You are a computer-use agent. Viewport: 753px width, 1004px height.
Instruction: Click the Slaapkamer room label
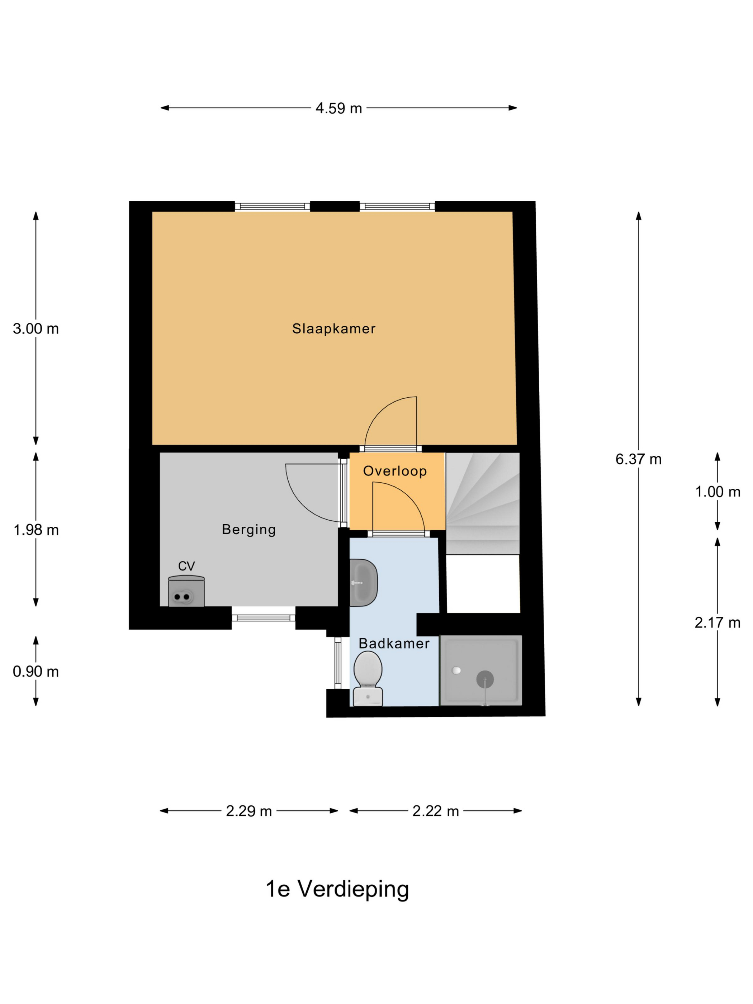(x=333, y=328)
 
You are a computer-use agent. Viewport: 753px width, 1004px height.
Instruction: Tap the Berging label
(x=249, y=530)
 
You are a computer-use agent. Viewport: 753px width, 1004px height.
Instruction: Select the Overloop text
(x=395, y=471)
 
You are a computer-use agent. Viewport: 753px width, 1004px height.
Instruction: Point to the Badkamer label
(x=394, y=644)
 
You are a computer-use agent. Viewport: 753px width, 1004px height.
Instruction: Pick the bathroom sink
(x=364, y=583)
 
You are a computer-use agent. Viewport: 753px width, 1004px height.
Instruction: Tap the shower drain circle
(x=485, y=679)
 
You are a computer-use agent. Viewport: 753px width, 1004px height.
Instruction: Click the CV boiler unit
(x=186, y=591)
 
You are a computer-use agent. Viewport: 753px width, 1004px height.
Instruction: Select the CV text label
(x=186, y=566)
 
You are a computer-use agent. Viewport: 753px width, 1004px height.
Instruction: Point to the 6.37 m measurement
(x=638, y=459)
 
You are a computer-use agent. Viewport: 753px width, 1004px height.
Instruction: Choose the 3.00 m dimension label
(x=36, y=328)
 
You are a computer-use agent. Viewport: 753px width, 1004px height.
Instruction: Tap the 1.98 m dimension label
(x=36, y=530)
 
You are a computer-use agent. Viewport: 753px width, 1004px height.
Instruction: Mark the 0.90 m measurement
(x=36, y=672)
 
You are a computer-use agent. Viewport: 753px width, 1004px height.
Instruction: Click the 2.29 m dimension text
(x=249, y=811)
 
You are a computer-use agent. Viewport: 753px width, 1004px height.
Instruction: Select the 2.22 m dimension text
(x=436, y=811)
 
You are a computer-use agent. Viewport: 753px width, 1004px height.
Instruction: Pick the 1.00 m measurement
(x=718, y=492)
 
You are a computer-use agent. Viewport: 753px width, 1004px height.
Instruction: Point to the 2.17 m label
(x=718, y=623)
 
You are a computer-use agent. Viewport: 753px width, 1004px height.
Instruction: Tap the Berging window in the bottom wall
(x=264, y=618)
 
